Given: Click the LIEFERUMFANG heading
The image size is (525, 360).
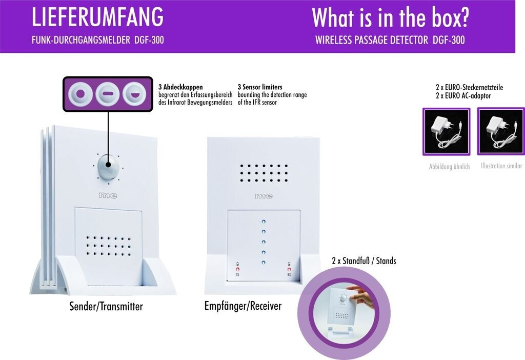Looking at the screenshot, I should [97, 18].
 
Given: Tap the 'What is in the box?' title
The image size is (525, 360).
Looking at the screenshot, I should [390, 18].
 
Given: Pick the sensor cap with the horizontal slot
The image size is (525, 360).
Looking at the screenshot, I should [108, 94].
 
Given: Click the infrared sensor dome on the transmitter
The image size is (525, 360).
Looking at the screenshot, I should [108, 166].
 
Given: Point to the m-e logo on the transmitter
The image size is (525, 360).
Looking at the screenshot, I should [107, 196].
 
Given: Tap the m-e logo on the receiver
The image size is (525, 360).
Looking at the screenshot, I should [264, 196].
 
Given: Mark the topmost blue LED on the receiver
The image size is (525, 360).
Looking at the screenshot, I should [264, 222].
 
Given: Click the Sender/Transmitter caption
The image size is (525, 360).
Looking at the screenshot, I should [106, 307].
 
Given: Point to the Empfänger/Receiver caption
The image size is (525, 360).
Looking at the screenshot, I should [243, 306].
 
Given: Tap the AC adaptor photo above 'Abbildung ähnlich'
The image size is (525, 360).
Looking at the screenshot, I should [446, 131].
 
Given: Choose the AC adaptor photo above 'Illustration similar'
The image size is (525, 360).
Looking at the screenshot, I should [501, 131].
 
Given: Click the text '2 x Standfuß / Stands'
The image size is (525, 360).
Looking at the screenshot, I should [364, 261].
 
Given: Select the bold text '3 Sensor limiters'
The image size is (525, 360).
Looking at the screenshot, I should [260, 87].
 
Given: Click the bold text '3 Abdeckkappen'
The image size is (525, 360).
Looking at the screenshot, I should [180, 87].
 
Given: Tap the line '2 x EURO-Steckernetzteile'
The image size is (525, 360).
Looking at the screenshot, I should [469, 88].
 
